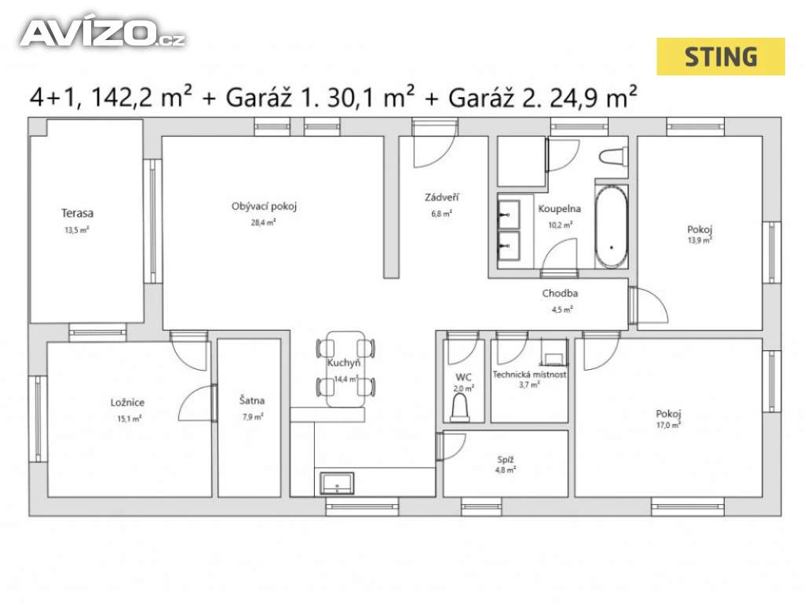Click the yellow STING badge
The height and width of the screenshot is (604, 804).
[721, 57]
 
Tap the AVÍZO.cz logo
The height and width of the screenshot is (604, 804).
[102, 33]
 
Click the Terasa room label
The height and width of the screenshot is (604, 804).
[78, 213]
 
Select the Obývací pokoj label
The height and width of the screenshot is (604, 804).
[264, 206]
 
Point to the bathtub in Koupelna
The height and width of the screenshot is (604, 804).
[611, 226]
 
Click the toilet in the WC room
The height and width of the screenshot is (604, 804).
[459, 409]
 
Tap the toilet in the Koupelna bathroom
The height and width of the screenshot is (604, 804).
[613, 156]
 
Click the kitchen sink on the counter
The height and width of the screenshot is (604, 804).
[337, 483]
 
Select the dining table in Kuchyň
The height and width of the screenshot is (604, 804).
[345, 368]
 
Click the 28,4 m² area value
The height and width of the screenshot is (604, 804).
[264, 222]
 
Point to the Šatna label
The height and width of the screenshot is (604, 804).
[252, 401]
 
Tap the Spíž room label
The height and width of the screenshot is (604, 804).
[506, 460]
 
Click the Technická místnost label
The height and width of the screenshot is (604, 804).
[530, 375]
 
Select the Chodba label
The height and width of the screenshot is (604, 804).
[560, 293]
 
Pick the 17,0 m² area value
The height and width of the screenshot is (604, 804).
[669, 425]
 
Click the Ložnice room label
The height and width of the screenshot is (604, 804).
[128, 402]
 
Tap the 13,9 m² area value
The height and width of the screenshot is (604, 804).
[700, 240]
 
